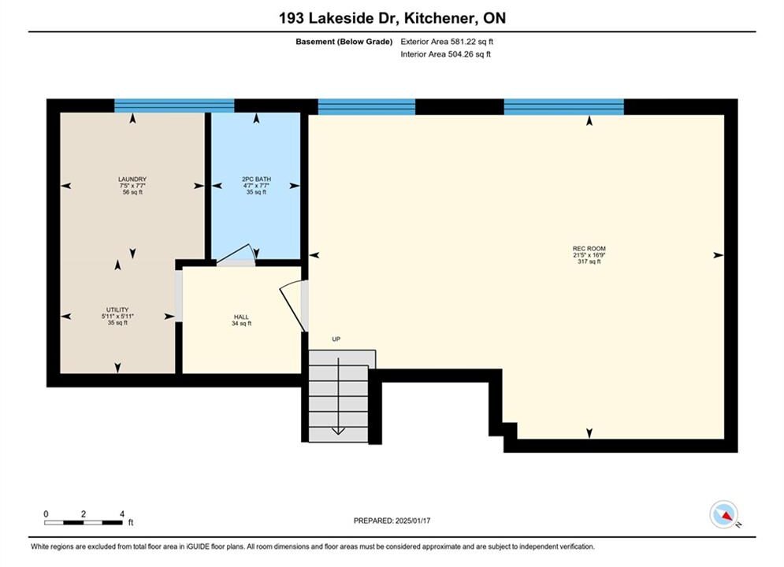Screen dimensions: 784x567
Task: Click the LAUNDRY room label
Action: point(132,179)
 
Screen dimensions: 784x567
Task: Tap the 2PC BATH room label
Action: point(257,179)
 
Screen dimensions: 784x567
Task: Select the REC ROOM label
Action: point(589,248)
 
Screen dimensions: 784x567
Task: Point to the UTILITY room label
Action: point(117,309)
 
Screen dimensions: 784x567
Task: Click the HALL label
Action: point(241,317)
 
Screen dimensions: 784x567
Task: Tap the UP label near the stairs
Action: point(336,339)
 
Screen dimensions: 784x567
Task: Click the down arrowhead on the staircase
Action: point(338,431)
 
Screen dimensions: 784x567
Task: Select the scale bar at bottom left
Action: point(84,523)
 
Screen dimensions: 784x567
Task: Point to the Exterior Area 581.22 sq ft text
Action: point(447,42)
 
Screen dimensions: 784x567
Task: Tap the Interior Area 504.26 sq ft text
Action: point(445,54)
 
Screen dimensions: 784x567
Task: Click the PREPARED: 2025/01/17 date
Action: point(392,521)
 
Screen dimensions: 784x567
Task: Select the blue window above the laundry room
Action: point(174,106)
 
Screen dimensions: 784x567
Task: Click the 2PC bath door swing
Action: point(236,254)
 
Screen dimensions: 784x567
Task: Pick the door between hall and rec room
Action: point(294,306)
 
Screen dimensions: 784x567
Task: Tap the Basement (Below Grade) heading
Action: point(344,42)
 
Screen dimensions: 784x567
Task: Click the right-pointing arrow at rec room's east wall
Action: point(718,255)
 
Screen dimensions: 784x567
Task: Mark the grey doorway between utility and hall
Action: point(179,296)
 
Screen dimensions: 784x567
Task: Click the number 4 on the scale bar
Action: point(122,513)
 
